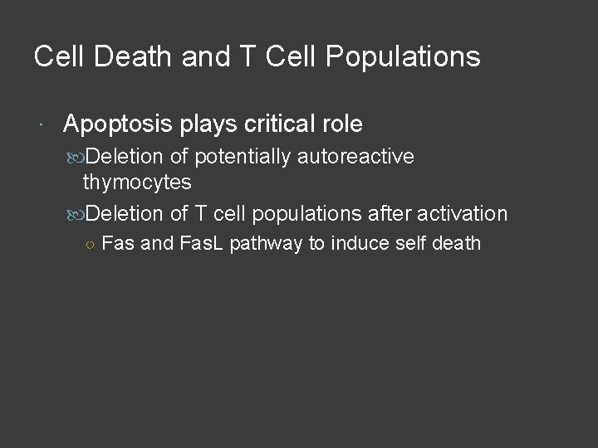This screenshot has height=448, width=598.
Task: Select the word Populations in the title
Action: (404, 56)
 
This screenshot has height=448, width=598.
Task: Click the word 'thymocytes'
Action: (137, 182)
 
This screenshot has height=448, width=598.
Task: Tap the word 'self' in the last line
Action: (405, 244)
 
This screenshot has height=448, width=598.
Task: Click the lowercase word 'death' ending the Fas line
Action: (454, 244)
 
